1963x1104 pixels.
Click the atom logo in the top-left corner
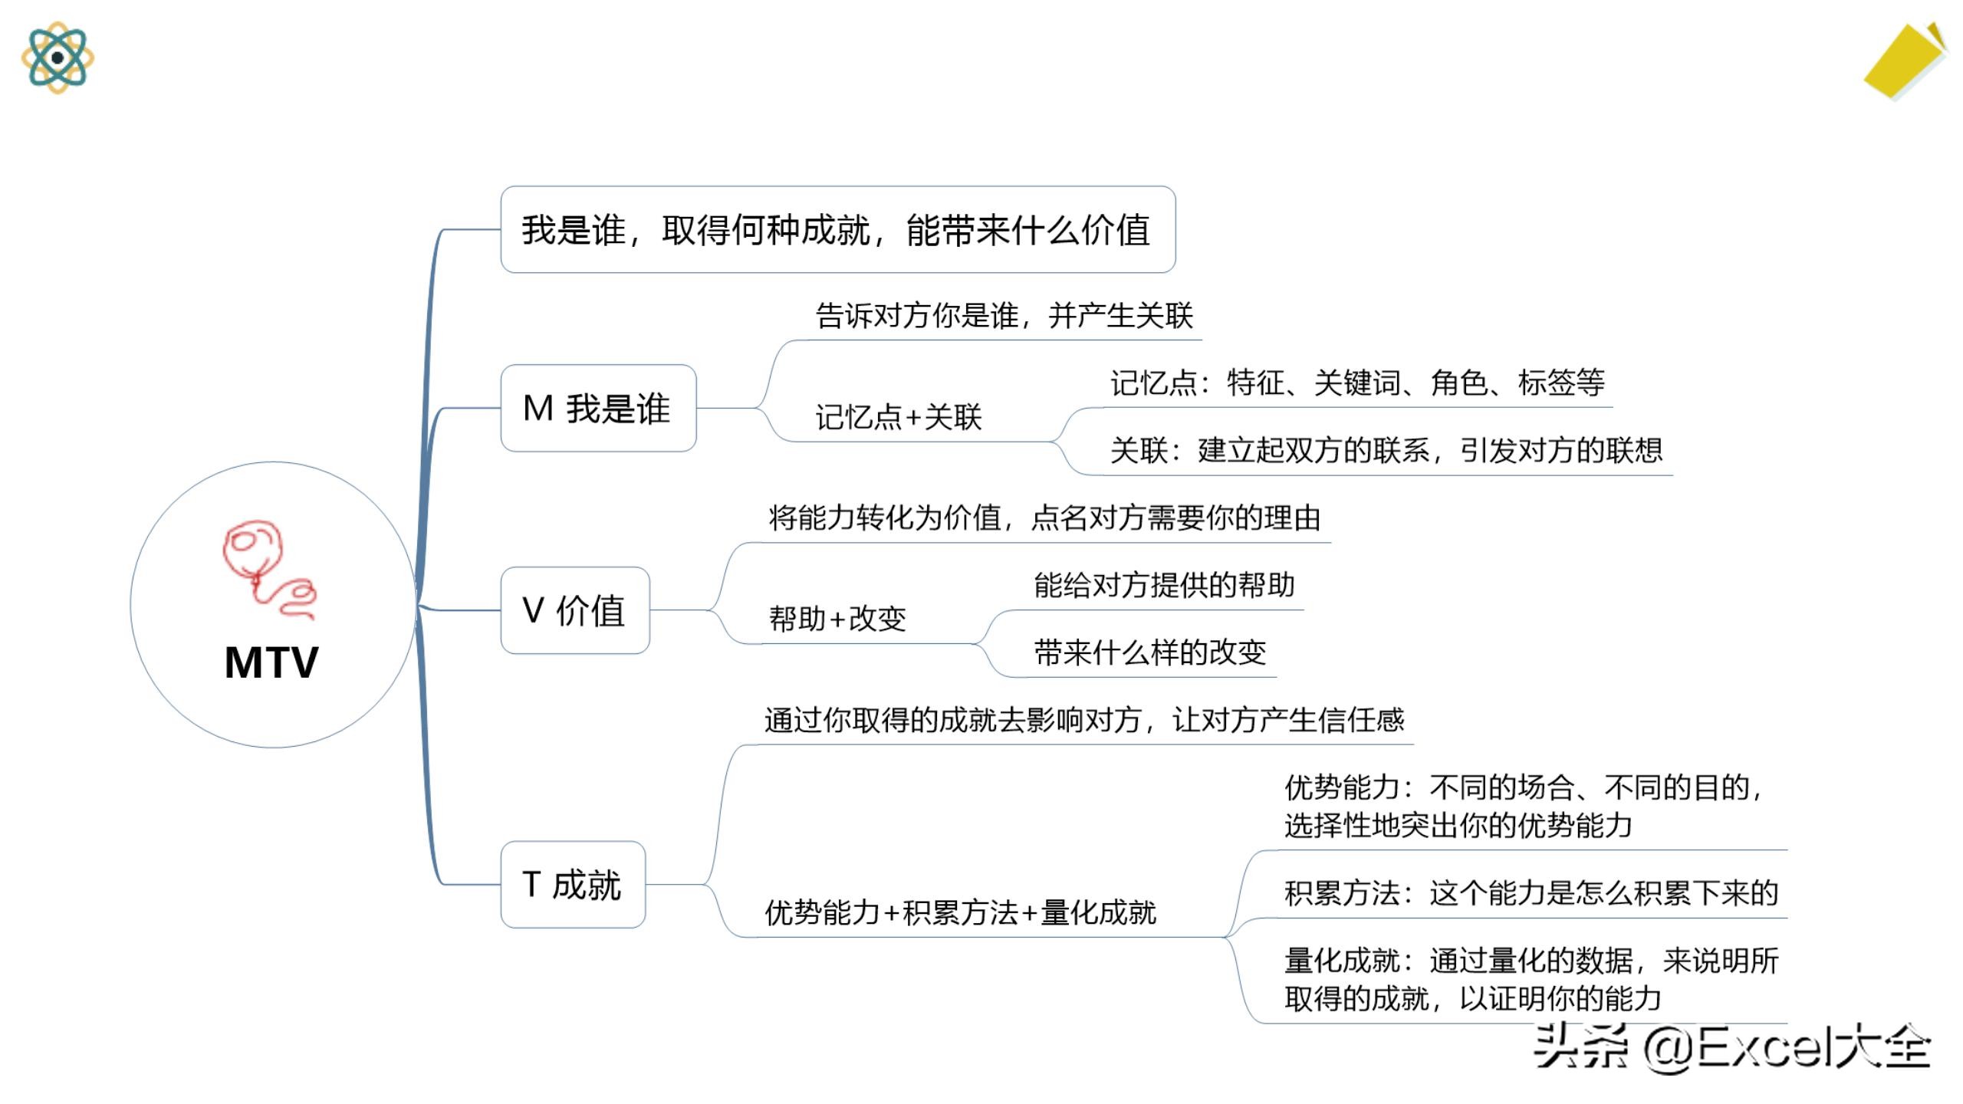click(x=58, y=58)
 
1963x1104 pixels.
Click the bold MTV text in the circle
click(x=271, y=662)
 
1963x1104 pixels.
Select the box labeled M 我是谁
click(x=598, y=408)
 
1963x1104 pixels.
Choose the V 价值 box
click(x=575, y=610)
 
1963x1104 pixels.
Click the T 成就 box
click(x=573, y=884)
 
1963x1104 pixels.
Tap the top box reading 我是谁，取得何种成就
click(x=837, y=229)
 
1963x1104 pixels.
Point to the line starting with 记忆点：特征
click(x=1357, y=383)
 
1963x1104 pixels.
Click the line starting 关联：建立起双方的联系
click(x=1386, y=450)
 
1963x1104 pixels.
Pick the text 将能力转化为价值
click(x=1044, y=518)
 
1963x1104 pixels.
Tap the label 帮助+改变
click(x=837, y=619)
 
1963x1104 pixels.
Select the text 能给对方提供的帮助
click(x=1164, y=586)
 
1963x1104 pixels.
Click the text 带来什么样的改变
click(x=1149, y=653)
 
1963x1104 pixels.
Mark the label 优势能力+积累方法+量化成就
click(x=960, y=912)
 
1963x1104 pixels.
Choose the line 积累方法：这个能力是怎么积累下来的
click(x=1531, y=893)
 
